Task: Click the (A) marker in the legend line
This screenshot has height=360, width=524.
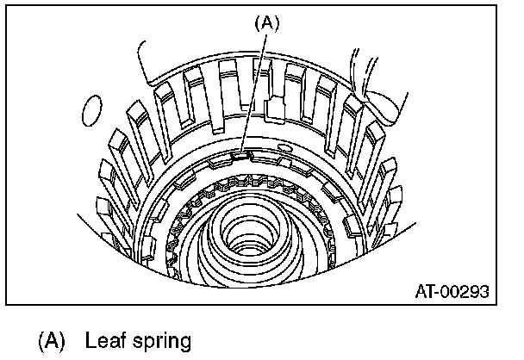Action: coord(51,340)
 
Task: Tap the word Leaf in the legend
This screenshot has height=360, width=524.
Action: coord(104,340)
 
